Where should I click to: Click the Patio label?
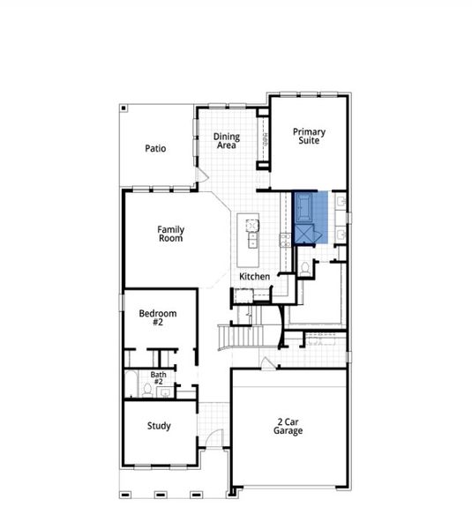[155, 149]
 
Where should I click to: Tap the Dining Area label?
[227, 140]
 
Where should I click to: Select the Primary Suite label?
[309, 137]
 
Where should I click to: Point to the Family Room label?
[171, 234]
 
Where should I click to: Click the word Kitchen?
[254, 277]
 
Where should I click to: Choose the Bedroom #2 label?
[158, 317]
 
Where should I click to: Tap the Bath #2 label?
[158, 378]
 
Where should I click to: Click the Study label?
[159, 427]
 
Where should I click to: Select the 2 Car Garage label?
[288, 427]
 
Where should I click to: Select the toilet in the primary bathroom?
[305, 266]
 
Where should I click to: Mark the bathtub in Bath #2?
[130, 384]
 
